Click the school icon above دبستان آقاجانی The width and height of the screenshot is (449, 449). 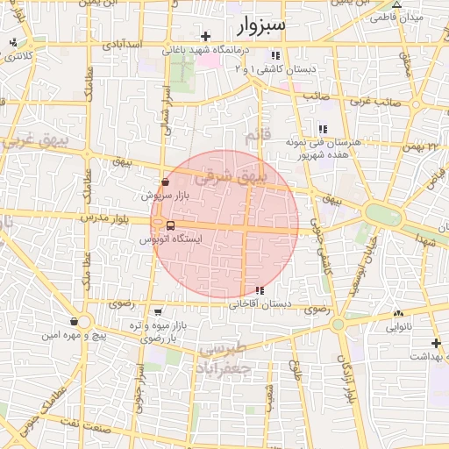[259, 290]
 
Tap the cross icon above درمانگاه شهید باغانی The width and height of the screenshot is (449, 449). [206, 36]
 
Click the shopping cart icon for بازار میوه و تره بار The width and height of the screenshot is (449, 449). [157, 311]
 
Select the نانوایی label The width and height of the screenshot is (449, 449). [399, 327]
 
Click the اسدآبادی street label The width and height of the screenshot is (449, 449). [122, 44]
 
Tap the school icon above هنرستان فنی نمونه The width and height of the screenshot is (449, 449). [323, 129]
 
